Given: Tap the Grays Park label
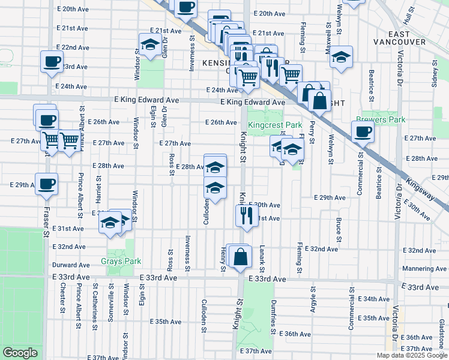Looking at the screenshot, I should pyautogui.click(x=121, y=261).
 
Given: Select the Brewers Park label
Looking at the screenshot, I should pyautogui.click(x=381, y=119).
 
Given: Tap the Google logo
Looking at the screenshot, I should pyautogui.click(x=20, y=353).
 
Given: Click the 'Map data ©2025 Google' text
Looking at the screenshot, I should pyautogui.click(x=412, y=355).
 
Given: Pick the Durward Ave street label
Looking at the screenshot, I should pyautogui.click(x=71, y=265).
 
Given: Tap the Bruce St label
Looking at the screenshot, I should pyautogui.click(x=339, y=230).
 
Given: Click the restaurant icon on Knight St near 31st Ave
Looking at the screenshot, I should pyautogui.click(x=246, y=214).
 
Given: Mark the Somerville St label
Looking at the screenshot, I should pyautogui.click(x=110, y=300).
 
